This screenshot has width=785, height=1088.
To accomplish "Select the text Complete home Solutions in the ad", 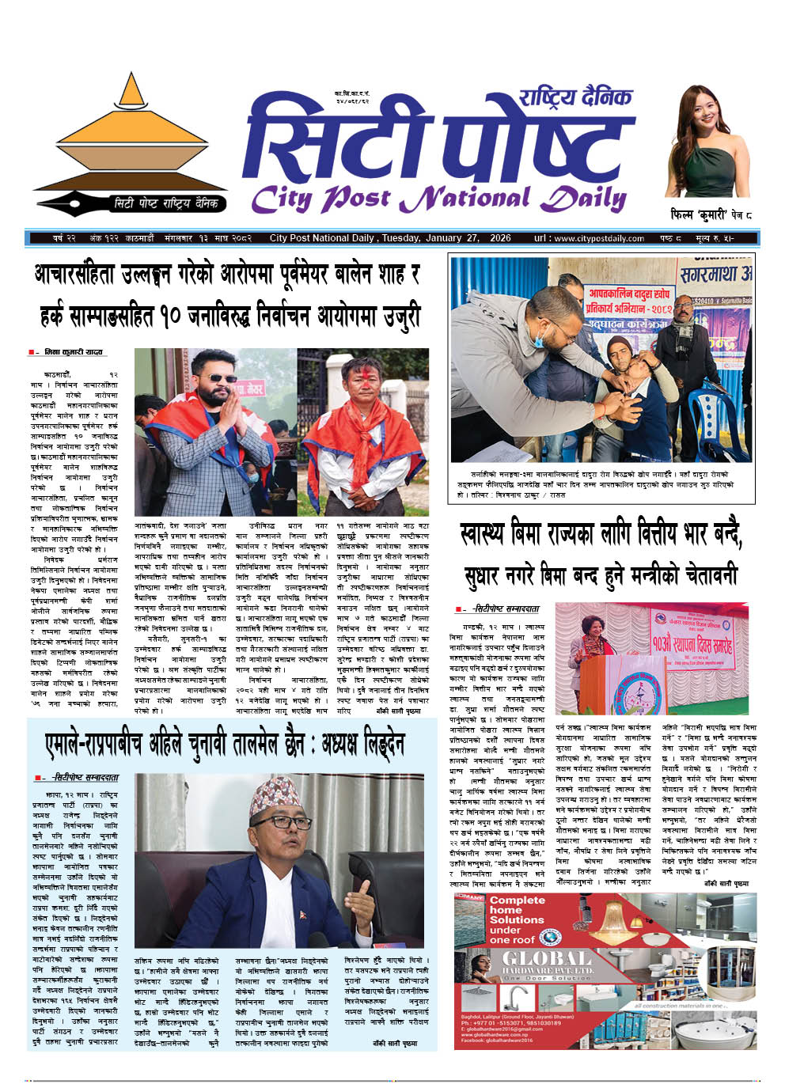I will coord(517,909).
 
